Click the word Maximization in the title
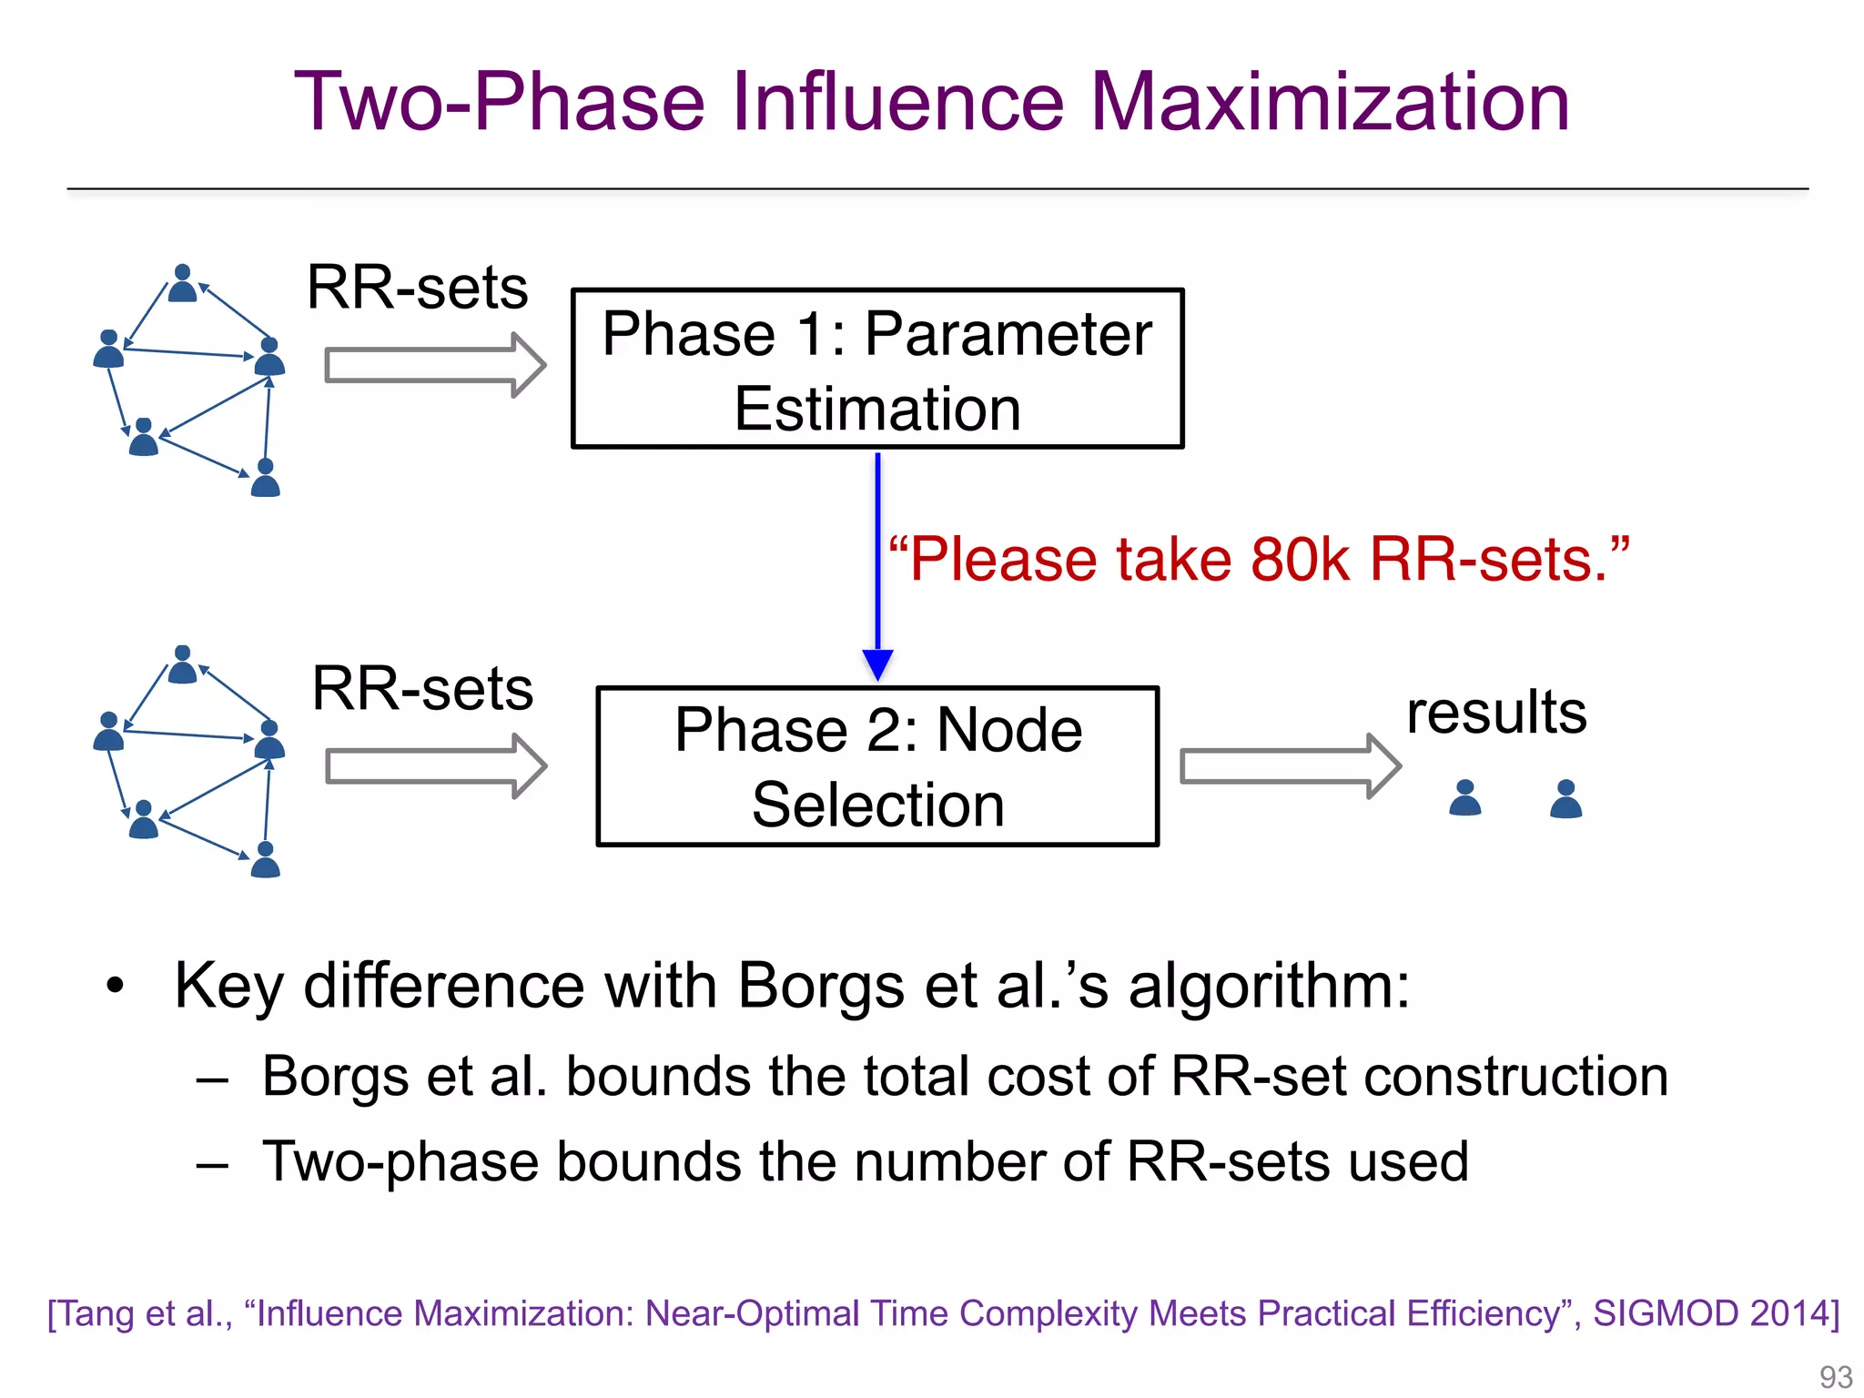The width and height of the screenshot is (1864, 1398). pyautogui.click(x=1329, y=102)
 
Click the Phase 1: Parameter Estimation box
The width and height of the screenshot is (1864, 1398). pyautogui.click(x=876, y=369)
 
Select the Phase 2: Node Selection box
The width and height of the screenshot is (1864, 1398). pyautogui.click(x=876, y=766)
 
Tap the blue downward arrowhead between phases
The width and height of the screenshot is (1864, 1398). pyautogui.click(x=877, y=664)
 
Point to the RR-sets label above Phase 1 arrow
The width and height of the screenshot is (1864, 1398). pyautogui.click(x=417, y=288)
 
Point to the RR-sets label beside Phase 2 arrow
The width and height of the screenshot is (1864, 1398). pyautogui.click(x=421, y=688)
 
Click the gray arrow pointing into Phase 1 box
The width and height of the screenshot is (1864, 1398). pyautogui.click(x=434, y=365)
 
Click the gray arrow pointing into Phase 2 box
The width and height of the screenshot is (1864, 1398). pyautogui.click(x=435, y=766)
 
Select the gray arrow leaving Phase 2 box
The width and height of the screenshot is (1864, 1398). pyautogui.click(x=1289, y=766)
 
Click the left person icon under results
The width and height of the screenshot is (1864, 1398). pyautogui.click(x=1464, y=798)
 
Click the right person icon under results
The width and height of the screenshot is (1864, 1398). pyautogui.click(x=1565, y=799)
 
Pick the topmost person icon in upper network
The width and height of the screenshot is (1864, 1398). pyautogui.click(x=183, y=283)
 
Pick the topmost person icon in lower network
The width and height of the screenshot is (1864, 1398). pyautogui.click(x=183, y=664)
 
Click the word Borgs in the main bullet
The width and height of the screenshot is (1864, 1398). pyautogui.click(x=820, y=986)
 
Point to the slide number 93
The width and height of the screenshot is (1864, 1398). pyautogui.click(x=1835, y=1377)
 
